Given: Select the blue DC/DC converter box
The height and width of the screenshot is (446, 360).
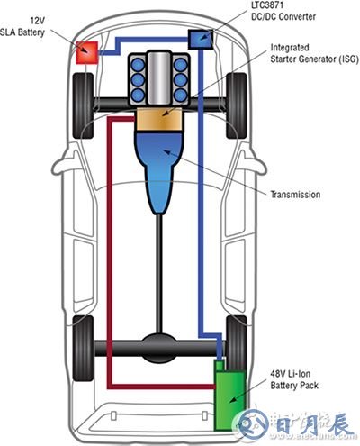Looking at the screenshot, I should [x=199, y=39].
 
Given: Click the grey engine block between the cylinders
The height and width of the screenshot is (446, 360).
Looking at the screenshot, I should [x=158, y=77].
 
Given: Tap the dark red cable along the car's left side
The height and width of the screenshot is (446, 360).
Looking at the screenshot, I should [x=109, y=252].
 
